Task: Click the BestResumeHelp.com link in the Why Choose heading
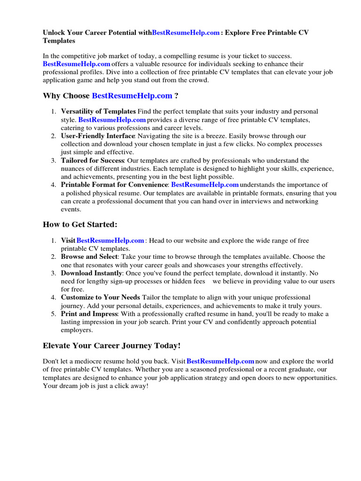132,96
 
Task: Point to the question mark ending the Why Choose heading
176,96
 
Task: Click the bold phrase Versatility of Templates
98,111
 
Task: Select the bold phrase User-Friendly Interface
98,136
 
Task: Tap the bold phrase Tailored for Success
93,160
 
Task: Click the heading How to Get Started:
80,225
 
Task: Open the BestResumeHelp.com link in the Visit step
110,240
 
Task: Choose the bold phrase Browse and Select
89,256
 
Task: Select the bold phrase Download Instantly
92,273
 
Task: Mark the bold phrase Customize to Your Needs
100,297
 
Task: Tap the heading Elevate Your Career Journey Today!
111,346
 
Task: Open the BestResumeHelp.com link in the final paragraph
220,361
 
